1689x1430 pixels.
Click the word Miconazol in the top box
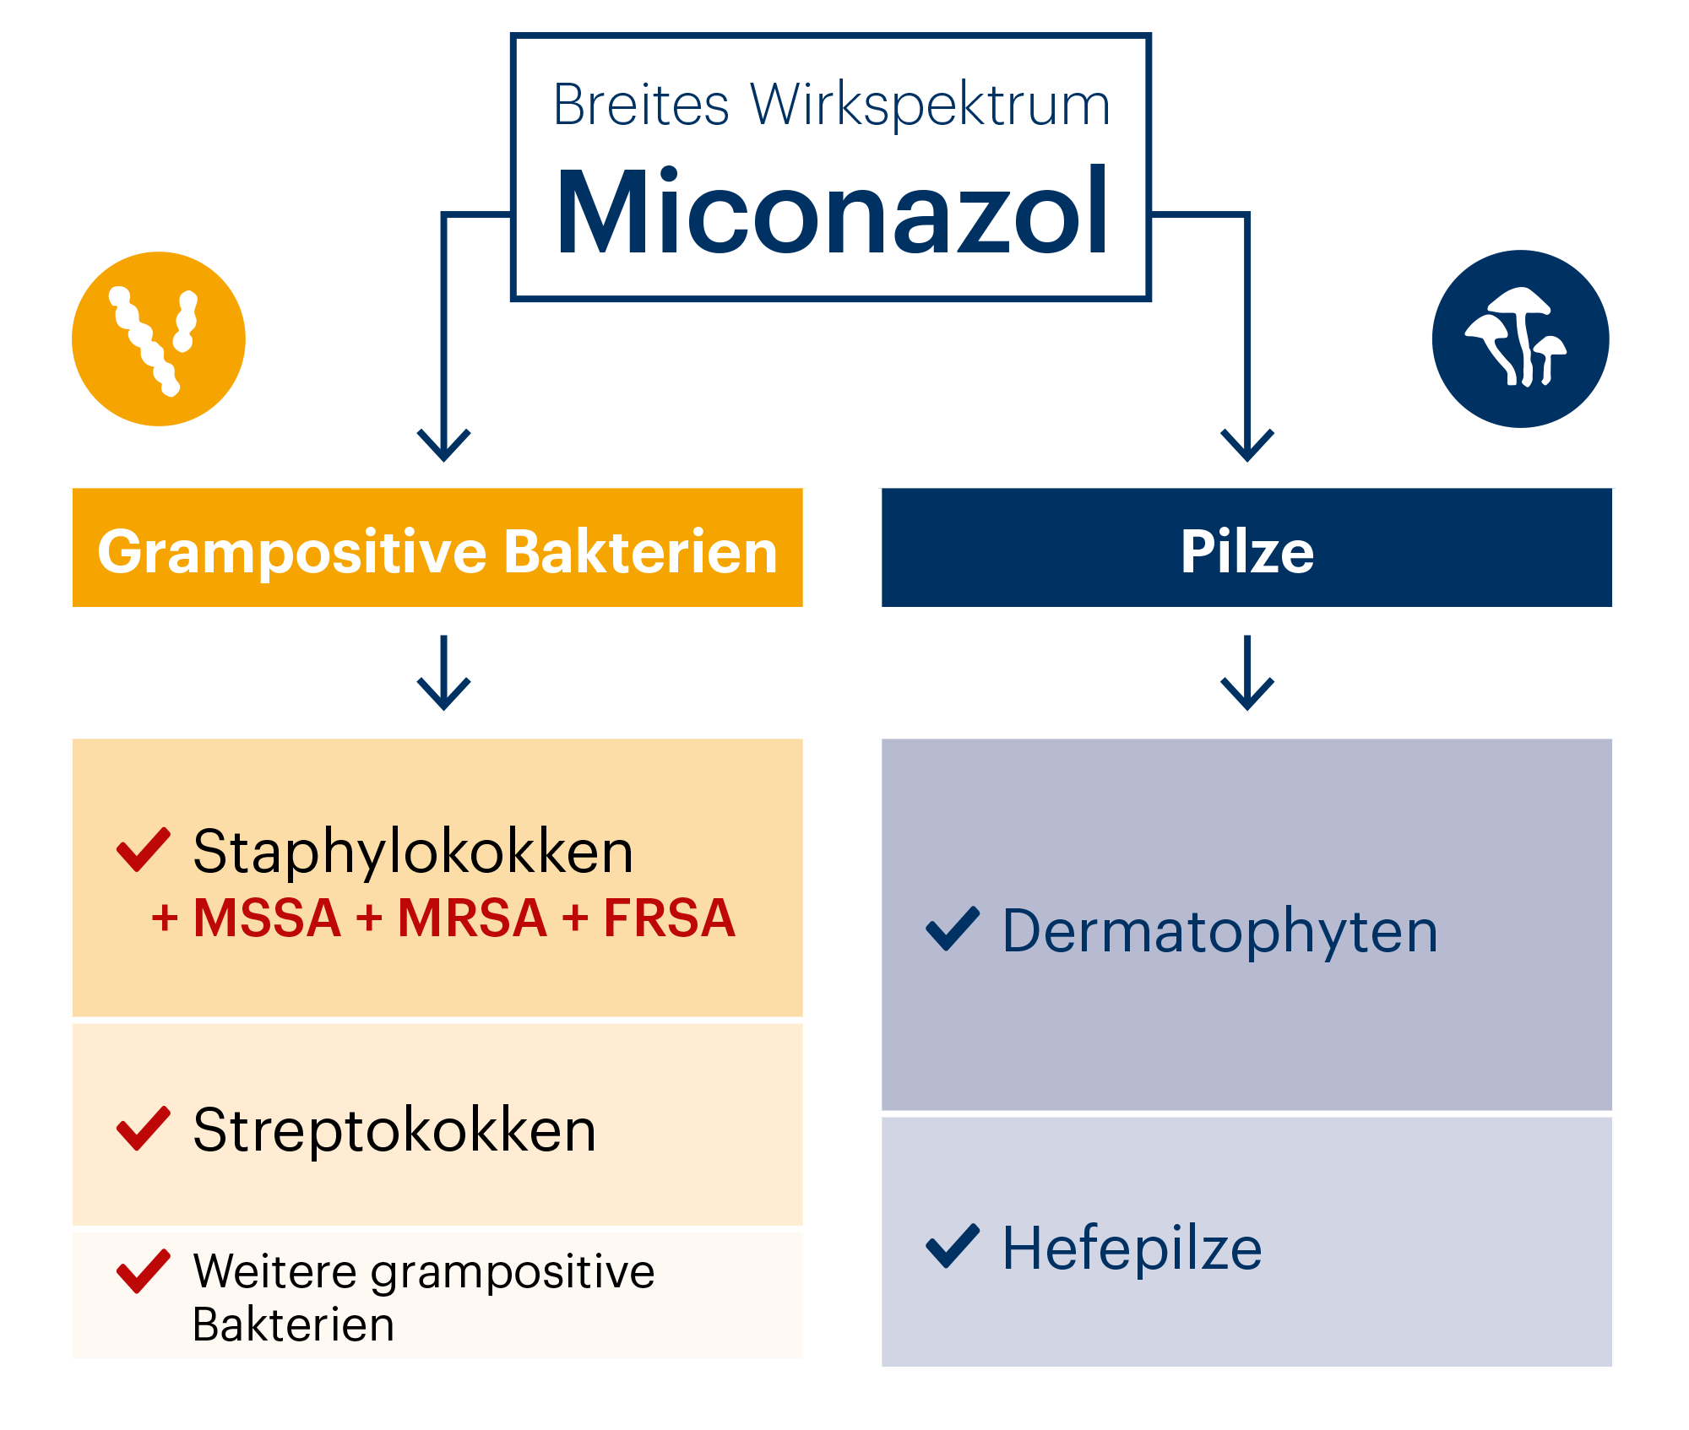(x=832, y=211)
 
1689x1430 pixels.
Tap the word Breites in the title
(x=641, y=105)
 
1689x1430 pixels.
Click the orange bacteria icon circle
(x=159, y=339)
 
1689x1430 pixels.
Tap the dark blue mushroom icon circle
(x=1521, y=339)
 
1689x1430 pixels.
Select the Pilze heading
(x=1247, y=552)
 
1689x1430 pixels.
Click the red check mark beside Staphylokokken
(x=143, y=849)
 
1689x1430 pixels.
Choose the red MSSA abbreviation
(x=267, y=918)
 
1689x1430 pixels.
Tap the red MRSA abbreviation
(x=472, y=918)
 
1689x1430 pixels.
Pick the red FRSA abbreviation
(x=669, y=918)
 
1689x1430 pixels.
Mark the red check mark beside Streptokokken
(x=143, y=1129)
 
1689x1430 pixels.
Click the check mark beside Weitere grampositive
(x=143, y=1271)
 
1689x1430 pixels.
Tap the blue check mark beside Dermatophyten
(x=953, y=929)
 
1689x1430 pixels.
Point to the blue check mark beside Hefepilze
(x=953, y=1246)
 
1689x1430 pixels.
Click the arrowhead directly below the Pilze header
(x=1247, y=696)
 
